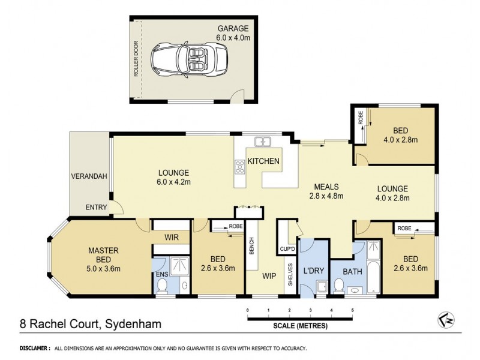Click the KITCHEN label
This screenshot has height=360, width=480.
pos(264,161)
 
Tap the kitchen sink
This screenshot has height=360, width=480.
pos(262,142)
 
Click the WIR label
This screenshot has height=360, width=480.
pos(173,238)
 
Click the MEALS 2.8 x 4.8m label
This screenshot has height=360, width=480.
pos(326,190)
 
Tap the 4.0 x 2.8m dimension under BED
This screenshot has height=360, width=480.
pos(401,140)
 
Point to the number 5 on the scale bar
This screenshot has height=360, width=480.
pos(352,310)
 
